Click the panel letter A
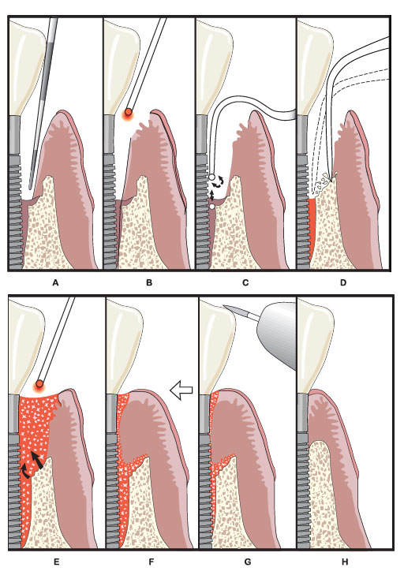pos(55,282)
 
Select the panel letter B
pos(149,282)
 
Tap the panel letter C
pos(245,282)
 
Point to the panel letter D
pos(343,282)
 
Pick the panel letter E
pos(57,562)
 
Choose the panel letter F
pos(151,562)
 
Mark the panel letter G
pos(248,562)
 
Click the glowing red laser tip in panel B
pos(128,113)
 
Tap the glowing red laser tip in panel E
pos(39,384)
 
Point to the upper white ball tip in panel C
pos(211,177)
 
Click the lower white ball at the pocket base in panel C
pos(212,207)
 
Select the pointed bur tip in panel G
pos(226,307)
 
